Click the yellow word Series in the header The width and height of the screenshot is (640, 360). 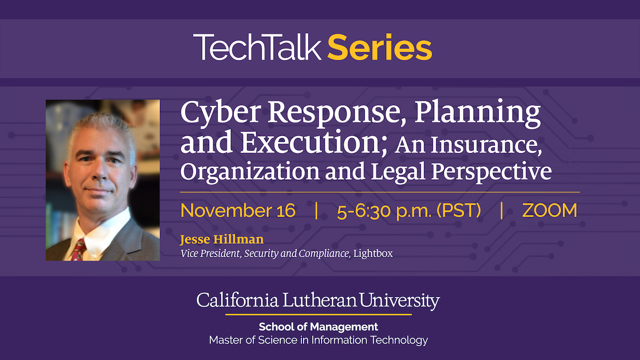[x=379, y=47]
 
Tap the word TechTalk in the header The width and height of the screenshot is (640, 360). [x=258, y=47]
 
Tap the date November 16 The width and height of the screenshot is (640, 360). [x=238, y=211]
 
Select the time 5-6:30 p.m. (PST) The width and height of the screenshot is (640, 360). [x=409, y=211]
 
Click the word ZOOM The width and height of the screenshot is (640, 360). [x=550, y=211]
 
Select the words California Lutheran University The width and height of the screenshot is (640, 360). [x=318, y=301]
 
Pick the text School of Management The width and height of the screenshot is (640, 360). [x=318, y=326]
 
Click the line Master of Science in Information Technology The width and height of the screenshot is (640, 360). [x=318, y=340]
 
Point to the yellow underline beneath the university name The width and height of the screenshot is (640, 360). [x=318, y=315]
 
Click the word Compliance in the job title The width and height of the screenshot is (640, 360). [x=324, y=253]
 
